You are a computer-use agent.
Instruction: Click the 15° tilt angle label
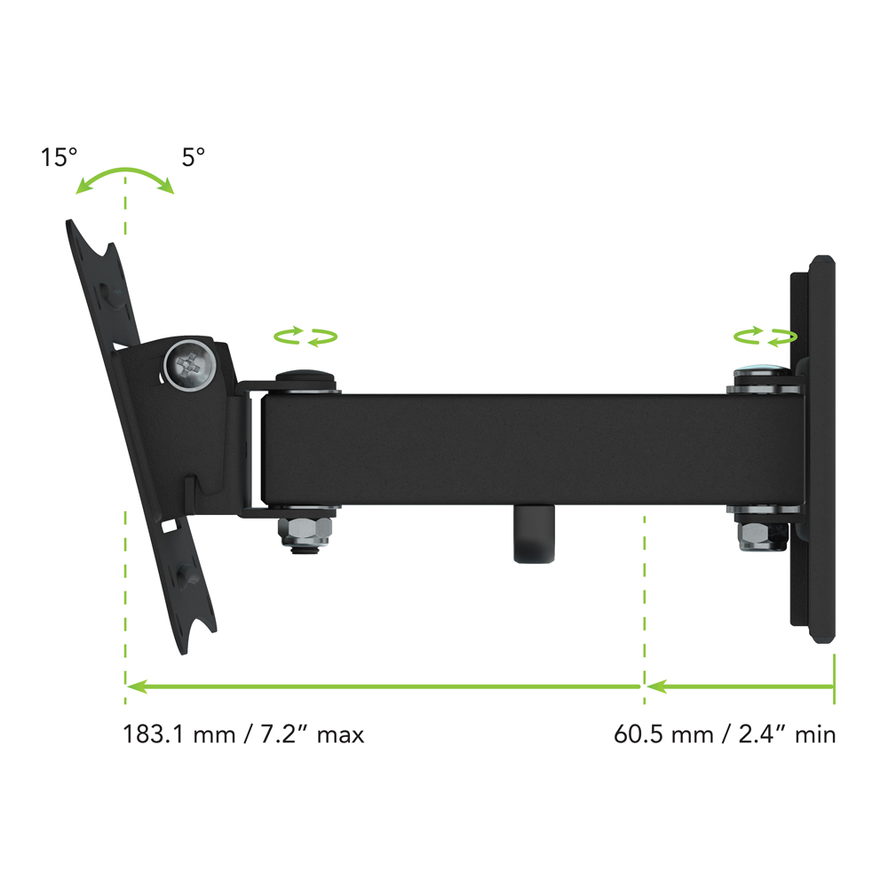click(59, 157)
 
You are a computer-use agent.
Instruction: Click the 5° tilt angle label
click(193, 157)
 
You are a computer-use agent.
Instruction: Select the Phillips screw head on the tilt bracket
click(190, 365)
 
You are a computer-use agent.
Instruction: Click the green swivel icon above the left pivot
click(305, 337)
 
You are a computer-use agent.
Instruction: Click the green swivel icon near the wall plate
click(765, 337)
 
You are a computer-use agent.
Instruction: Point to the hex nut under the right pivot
click(762, 535)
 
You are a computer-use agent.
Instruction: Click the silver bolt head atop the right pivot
click(762, 375)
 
